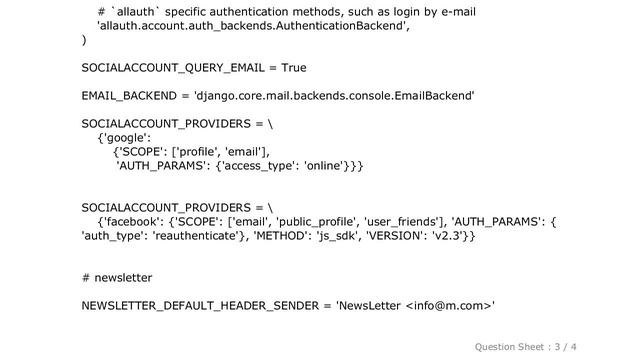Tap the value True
pos(290,68)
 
